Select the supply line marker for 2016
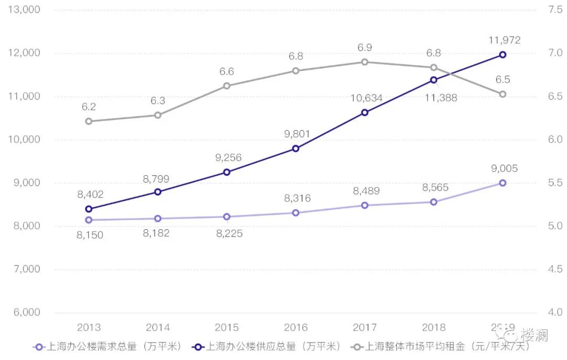tap(296, 149)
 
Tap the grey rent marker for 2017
tap(364, 62)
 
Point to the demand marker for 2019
tap(502, 183)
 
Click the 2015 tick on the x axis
tap(226, 327)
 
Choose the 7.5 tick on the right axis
tap(554, 10)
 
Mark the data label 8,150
tap(90, 235)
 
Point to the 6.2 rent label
tap(88, 107)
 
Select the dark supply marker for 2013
tap(88, 209)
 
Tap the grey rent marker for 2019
tap(502, 94)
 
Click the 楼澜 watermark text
tap(534, 335)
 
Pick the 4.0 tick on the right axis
tap(554, 313)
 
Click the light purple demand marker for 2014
tap(157, 218)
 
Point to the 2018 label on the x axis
tap(434, 327)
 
